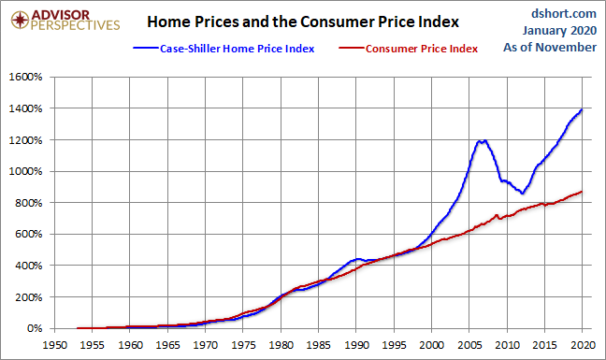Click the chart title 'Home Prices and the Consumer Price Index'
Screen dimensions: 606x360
[303, 22]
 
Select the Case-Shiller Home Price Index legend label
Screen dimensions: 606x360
[237, 49]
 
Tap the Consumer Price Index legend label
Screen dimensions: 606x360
[422, 49]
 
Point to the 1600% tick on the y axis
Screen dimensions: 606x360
[25, 77]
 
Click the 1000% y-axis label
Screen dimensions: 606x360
[25, 171]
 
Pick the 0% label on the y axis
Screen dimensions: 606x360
[35, 328]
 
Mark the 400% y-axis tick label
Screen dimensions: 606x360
[28, 266]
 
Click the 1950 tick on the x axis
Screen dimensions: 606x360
[54, 344]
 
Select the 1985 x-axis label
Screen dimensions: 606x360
[319, 344]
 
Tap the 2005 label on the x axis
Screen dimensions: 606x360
[469, 344]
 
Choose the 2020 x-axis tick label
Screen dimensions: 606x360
[583, 344]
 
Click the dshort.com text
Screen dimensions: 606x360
[564, 13]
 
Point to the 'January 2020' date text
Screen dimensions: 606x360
[559, 30]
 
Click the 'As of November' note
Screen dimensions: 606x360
[550, 47]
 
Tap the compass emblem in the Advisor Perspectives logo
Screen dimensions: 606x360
[20, 20]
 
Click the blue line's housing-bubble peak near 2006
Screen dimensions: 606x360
[480, 141]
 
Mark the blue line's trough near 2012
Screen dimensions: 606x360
[523, 193]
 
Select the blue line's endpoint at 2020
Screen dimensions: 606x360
[582, 110]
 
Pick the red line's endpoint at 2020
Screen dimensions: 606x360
[582, 192]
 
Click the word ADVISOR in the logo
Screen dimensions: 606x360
[60, 15]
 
